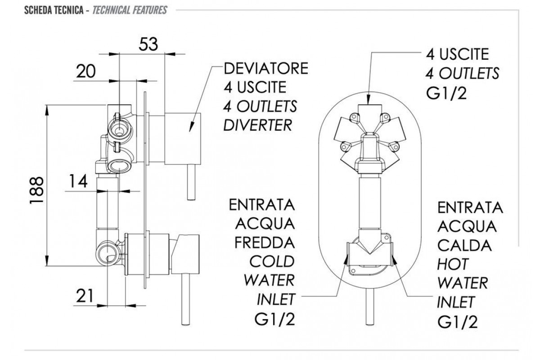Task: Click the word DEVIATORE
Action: [266, 69]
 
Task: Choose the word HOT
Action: [453, 264]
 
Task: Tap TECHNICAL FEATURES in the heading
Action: [130, 9]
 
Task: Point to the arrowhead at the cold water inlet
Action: [346, 258]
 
